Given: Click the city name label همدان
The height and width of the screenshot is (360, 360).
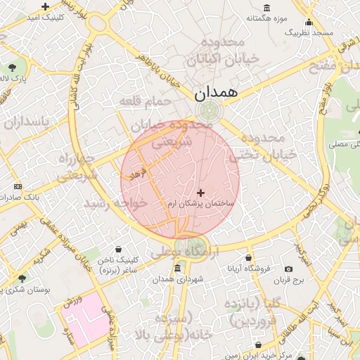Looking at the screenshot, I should tap(217, 92).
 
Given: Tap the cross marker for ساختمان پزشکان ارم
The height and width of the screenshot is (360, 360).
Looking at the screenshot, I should tap(201, 192).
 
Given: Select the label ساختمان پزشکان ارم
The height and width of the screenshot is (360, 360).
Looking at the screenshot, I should tap(200, 203).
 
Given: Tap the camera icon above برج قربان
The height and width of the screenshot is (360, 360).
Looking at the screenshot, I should tap(288, 269).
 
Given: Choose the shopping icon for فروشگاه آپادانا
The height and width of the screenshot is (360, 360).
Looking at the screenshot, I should tap(247, 257).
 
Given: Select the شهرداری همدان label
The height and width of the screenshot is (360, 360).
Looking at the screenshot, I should tap(181, 280).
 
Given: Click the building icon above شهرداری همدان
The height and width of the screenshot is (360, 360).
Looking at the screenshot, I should tap(177, 269).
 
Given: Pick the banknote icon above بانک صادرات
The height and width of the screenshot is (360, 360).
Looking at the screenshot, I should tap(18, 186).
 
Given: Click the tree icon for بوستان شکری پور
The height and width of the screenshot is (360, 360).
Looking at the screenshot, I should tap(22, 278).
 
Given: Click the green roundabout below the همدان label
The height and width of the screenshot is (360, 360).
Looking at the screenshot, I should tap(209, 110).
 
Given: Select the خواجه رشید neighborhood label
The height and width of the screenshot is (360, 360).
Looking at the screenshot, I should tap(116, 202).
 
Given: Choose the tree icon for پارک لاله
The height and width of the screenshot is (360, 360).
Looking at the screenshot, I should tap(13, 67).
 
